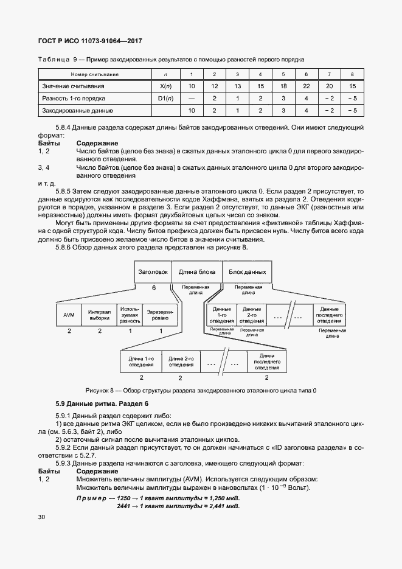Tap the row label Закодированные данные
77,111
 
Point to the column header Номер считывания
94,74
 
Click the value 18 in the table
283,86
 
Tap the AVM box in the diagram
69,314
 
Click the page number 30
41,517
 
